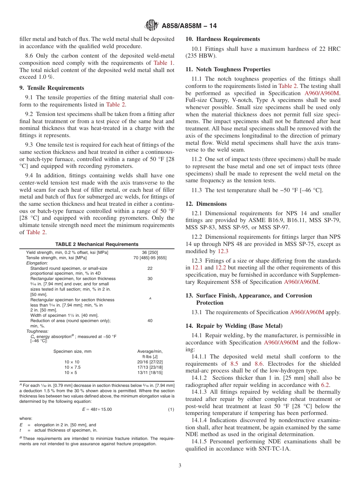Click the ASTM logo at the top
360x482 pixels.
[x=152, y=26]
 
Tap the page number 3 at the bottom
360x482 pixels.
[x=180, y=465]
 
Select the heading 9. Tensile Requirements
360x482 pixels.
[x=52, y=88]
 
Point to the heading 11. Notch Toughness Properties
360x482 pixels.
[x=228, y=69]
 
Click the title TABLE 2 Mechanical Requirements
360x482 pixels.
[x=97, y=244]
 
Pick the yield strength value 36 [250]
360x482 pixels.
[x=150, y=252]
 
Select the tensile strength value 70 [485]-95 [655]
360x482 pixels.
[x=150, y=258]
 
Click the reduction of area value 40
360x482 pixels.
[x=150, y=321]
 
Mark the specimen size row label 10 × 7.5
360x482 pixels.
[x=72, y=367]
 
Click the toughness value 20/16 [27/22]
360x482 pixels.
[x=150, y=362]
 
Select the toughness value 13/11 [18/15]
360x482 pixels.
[x=150, y=372]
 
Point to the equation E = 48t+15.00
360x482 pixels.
[x=97, y=409]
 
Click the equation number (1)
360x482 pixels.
[x=171, y=409]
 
